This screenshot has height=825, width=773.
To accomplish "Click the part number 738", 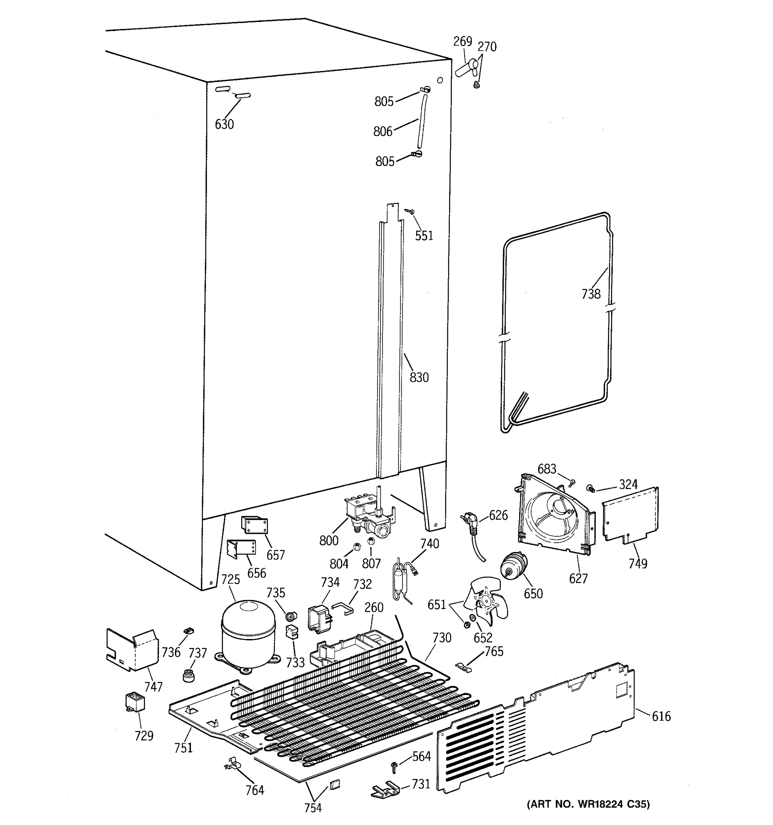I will [x=591, y=294].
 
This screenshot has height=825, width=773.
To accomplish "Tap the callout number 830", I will [x=419, y=378].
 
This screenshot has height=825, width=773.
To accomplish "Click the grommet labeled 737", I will [x=189, y=675].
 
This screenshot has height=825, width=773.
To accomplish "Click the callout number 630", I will [x=224, y=124].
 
